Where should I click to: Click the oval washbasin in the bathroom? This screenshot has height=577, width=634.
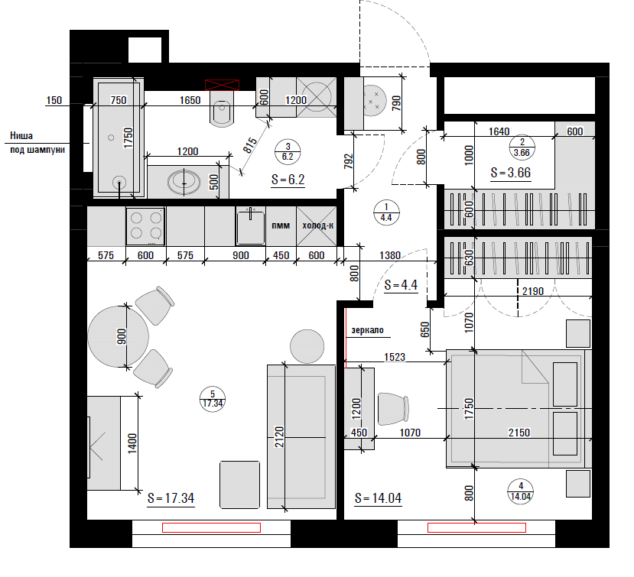point(184,182)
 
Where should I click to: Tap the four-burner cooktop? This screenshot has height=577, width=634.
point(145,226)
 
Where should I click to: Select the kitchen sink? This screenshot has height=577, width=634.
point(251,226)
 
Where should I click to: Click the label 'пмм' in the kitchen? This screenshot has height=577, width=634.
point(281,225)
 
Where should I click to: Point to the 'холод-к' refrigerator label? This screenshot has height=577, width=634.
point(318,225)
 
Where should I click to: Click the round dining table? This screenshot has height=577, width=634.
point(118,336)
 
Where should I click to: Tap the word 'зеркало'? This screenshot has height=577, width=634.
point(367,330)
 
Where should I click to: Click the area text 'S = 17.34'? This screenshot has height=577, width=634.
point(171,498)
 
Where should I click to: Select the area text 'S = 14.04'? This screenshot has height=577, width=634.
point(378,498)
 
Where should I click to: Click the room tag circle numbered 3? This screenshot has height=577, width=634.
point(288,151)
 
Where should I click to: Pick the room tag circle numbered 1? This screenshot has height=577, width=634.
point(386,212)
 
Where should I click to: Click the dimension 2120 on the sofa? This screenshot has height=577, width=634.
point(279,436)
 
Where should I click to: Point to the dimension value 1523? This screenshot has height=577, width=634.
point(394,357)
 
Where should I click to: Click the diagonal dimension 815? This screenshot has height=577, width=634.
point(250,145)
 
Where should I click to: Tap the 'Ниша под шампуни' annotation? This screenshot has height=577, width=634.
point(37,143)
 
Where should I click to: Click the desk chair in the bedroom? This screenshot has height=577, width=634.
point(393,409)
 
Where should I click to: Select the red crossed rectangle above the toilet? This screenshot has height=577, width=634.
point(222,85)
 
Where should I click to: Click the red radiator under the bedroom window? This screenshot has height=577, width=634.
point(476,527)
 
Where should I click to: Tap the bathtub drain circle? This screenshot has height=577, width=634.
point(119,183)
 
